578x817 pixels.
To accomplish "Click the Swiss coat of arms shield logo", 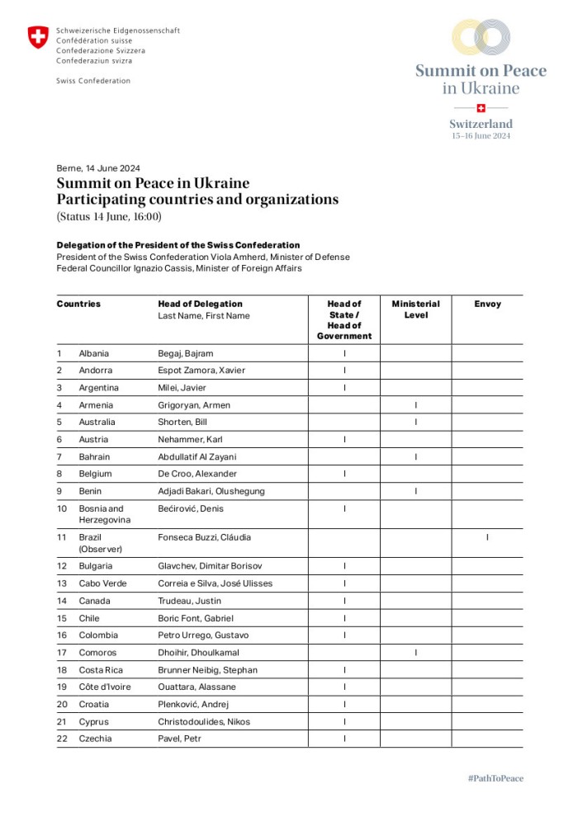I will click(x=38, y=37).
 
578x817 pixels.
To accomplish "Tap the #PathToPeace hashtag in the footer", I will click(x=495, y=778).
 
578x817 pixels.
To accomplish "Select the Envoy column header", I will click(x=487, y=304).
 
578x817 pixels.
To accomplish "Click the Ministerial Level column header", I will click(x=415, y=309).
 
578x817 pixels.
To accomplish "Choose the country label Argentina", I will click(x=98, y=388).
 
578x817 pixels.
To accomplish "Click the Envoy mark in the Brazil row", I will click(x=487, y=537).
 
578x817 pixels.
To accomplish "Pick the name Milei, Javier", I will click(x=182, y=388).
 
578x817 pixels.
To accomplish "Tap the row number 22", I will click(x=62, y=739).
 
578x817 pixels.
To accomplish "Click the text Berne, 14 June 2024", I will click(x=98, y=168).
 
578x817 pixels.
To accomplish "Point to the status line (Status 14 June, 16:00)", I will click(x=109, y=217).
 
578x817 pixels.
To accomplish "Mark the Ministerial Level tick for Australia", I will click(x=415, y=423).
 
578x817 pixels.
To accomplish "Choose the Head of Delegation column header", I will click(x=200, y=304).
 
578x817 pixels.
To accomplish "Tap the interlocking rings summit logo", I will click(x=481, y=37).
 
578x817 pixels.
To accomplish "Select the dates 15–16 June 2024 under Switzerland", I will click(x=481, y=136).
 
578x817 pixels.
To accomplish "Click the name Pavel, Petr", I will click(x=179, y=739).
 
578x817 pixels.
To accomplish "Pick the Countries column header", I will click(x=78, y=304).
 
